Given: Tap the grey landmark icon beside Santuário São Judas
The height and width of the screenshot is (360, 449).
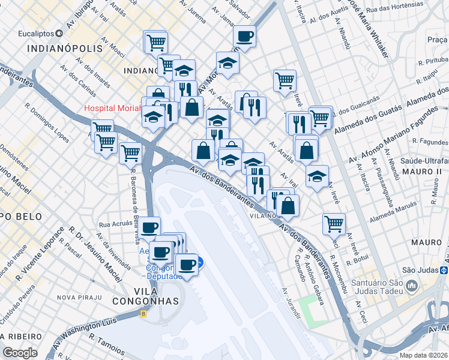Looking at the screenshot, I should click(412, 286).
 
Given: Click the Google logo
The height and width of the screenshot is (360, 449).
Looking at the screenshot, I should click(20, 353).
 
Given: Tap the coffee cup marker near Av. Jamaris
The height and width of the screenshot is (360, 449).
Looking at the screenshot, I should click(244, 37).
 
